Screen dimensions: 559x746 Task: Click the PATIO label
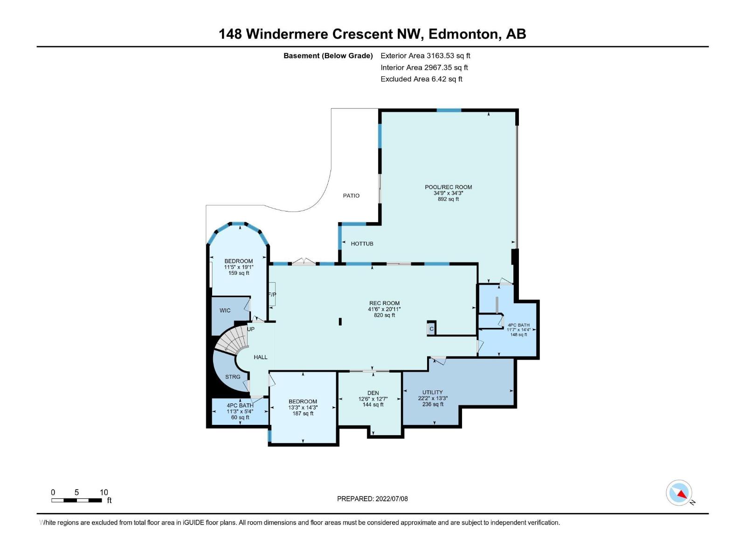pyautogui.click(x=351, y=196)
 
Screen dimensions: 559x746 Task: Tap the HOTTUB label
pyautogui.click(x=362, y=244)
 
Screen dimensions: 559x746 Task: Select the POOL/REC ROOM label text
pyautogui.click(x=448, y=187)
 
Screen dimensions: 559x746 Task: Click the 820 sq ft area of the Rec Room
pyautogui.click(x=384, y=315)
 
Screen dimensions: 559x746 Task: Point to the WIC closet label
pyautogui.click(x=225, y=311)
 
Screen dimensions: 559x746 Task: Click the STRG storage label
pyautogui.click(x=233, y=377)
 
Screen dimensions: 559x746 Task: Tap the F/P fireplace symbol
pyautogui.click(x=272, y=295)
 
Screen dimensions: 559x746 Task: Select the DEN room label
pyautogui.click(x=373, y=393)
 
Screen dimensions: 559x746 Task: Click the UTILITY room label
pyautogui.click(x=432, y=392)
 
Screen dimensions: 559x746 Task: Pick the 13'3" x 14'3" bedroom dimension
pyautogui.click(x=303, y=408)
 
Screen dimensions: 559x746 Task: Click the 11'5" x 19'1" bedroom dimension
pyautogui.click(x=238, y=267)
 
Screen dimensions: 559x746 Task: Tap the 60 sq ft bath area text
pyautogui.click(x=240, y=417)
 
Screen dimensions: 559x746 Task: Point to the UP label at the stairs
pyautogui.click(x=251, y=329)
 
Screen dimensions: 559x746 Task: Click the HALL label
pyautogui.click(x=260, y=357)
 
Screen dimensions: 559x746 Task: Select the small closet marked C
pyautogui.click(x=431, y=329)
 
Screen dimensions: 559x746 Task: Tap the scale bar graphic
pyautogui.click(x=76, y=500)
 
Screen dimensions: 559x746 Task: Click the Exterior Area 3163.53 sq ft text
pyautogui.click(x=425, y=55)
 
